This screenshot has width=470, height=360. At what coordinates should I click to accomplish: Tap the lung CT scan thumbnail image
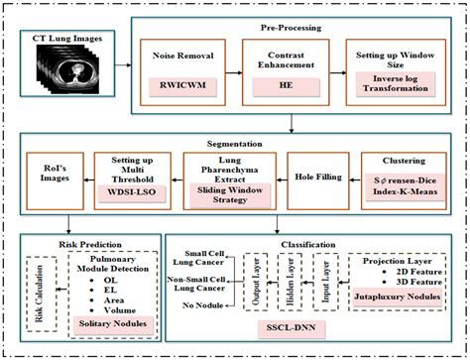point(68,83)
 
